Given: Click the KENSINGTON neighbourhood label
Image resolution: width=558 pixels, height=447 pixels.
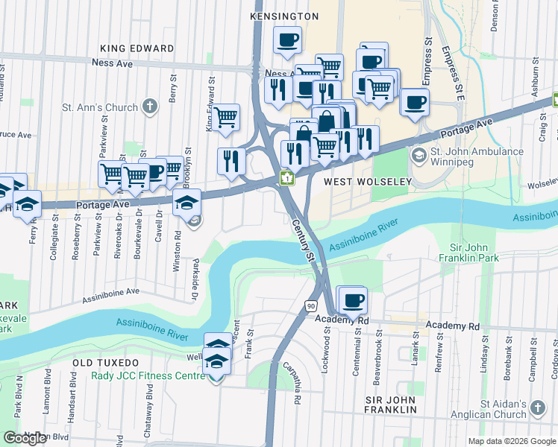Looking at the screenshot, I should pyautogui.click(x=284, y=16).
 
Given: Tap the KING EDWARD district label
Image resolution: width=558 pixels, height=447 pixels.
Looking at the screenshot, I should pyautogui.click(x=137, y=48).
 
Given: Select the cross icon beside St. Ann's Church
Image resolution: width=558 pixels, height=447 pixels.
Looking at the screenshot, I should pyautogui.click(x=150, y=107).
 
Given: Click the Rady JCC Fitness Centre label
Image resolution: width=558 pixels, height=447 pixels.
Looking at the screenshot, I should pyautogui.click(x=148, y=375).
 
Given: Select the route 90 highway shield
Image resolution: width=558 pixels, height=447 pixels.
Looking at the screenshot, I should pyautogui.click(x=310, y=305).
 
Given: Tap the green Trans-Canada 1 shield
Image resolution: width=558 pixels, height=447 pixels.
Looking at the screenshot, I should pyautogui.click(x=286, y=178).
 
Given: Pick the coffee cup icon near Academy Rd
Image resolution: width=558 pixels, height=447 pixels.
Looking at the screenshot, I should pyautogui.click(x=354, y=300).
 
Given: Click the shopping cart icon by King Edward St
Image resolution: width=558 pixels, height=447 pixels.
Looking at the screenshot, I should pyautogui.click(x=226, y=117).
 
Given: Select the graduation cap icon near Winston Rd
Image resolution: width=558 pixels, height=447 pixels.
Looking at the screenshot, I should pyautogui.click(x=186, y=201).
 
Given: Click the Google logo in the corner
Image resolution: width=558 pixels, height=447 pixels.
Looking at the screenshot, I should pyautogui.click(x=25, y=438).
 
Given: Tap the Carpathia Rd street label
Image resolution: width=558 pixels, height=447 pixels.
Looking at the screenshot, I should pyautogui.click(x=292, y=383).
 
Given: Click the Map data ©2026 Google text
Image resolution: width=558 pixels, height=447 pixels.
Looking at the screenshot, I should pyautogui.click(x=512, y=441).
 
